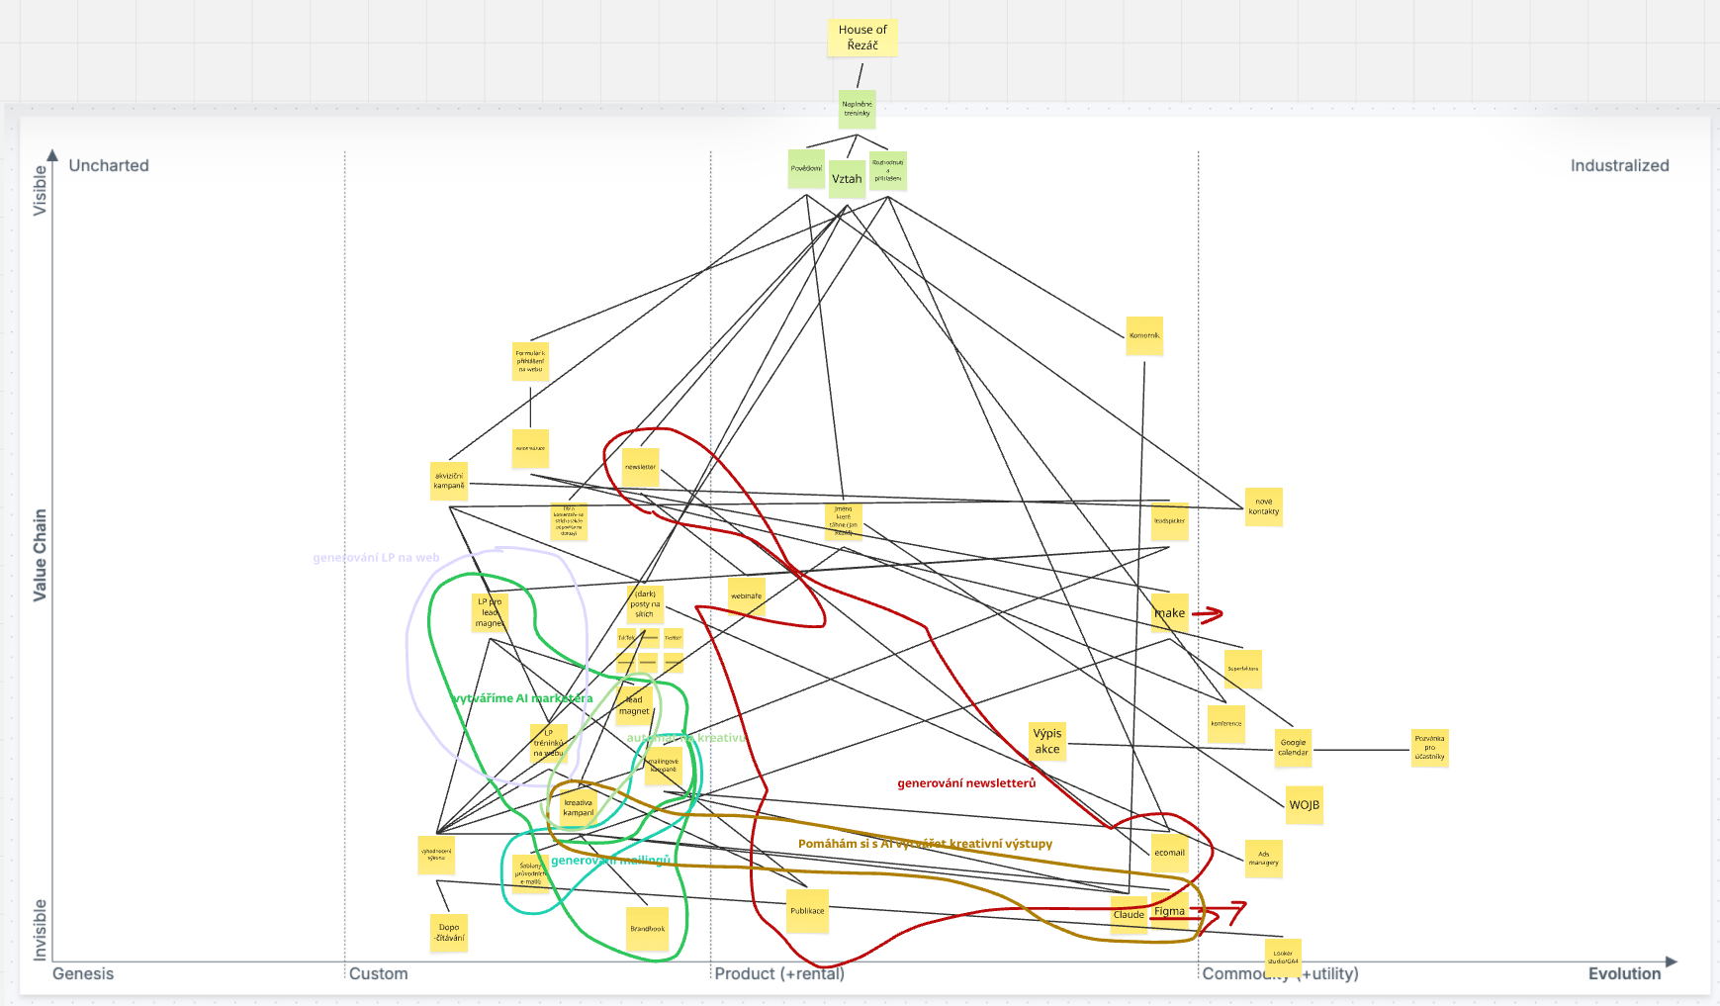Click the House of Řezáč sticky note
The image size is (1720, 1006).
coord(862,38)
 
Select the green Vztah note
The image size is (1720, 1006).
coord(847,179)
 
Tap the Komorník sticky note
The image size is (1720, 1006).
coord(1144,336)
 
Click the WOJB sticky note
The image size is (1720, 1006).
coord(1304,805)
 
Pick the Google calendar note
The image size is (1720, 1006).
coord(1293,748)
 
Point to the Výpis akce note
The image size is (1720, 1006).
coord(1047,741)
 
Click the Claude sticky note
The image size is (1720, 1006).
coord(1129,915)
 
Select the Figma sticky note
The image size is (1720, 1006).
coord(1169,911)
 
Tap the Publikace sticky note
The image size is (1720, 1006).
coord(807,911)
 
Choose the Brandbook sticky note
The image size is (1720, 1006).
coord(648,929)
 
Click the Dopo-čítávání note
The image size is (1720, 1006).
coord(449,933)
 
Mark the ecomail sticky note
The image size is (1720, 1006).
coord(1169,853)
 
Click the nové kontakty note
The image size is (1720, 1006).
coord(1263,506)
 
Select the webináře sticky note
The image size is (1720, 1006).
coord(747,596)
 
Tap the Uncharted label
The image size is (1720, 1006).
coord(109,165)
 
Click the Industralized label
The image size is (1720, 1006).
coord(1619,165)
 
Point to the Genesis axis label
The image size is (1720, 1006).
coord(83,973)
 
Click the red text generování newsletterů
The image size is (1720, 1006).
coord(966,783)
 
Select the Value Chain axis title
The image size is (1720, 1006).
coord(40,555)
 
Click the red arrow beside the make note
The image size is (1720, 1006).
coord(1208,614)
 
